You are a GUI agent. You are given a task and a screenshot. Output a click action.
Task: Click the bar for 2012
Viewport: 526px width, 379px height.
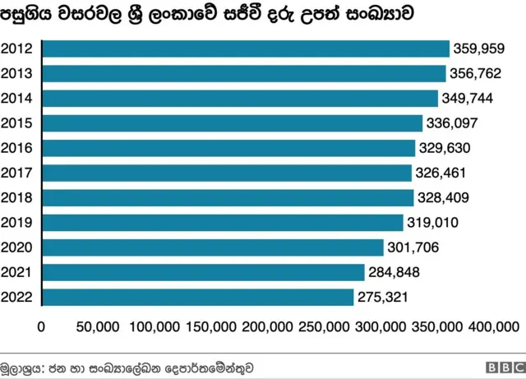tap(245, 49)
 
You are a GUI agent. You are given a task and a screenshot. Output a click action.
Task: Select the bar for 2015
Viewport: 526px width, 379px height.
tap(232, 123)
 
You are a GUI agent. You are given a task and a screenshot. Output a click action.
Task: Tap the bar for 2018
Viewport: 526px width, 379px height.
tap(228, 198)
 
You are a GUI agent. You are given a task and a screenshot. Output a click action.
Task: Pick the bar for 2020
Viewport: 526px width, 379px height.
tap(212, 247)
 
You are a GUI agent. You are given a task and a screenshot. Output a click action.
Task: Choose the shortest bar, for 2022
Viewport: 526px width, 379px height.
tap(197, 297)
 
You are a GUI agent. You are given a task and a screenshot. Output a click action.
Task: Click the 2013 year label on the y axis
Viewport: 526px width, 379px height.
tap(17, 74)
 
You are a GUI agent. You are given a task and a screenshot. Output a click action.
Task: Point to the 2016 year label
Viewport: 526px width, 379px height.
tap(17, 148)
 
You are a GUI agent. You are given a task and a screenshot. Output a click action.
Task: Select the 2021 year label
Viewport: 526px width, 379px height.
tap(17, 272)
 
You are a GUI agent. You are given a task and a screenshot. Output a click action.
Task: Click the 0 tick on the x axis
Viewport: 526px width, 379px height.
tap(41, 326)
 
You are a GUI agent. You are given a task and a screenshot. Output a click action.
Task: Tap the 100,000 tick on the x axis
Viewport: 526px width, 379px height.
tap(155, 326)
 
